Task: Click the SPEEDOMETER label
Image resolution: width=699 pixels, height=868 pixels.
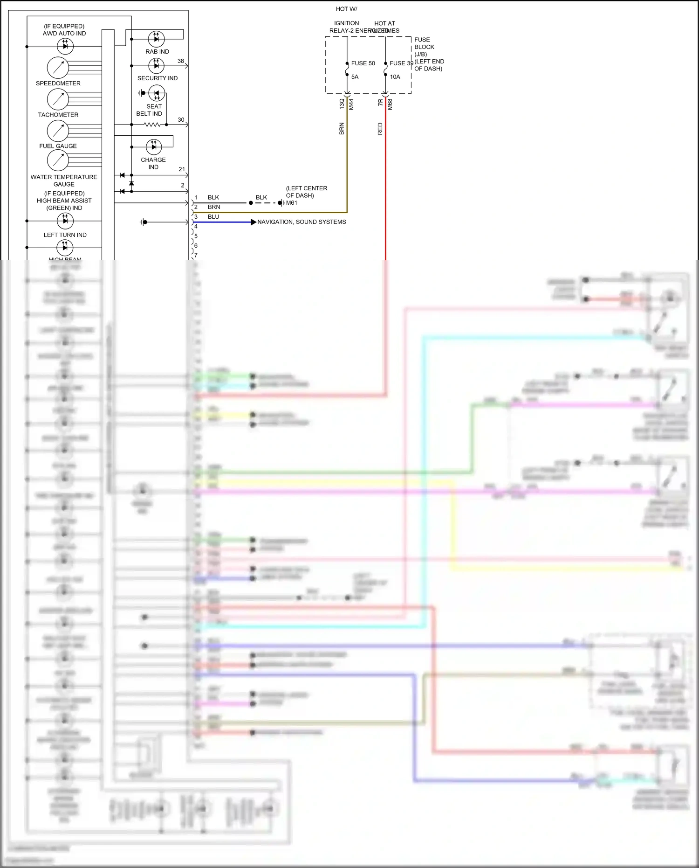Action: point(58,83)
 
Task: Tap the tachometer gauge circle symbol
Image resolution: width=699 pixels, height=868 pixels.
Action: point(58,99)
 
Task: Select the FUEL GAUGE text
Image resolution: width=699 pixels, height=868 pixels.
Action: point(58,146)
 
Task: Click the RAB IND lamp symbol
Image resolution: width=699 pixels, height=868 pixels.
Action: point(156,39)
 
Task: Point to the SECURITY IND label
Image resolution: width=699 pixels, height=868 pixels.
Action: point(157,78)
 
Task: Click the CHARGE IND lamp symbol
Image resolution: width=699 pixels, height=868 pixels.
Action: point(154,147)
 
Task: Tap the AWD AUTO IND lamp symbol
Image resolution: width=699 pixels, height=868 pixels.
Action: point(65,46)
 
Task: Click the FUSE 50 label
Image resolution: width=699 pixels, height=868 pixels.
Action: point(363,63)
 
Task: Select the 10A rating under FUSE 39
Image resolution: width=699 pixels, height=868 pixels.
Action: point(395,77)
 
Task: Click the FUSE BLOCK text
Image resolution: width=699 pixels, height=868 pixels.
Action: point(424,43)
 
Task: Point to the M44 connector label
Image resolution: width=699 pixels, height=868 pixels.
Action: point(351,104)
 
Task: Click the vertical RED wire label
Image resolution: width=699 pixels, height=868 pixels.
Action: point(380,129)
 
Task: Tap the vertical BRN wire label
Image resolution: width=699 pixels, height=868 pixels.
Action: point(342,129)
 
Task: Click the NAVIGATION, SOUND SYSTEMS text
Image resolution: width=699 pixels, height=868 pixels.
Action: point(302,222)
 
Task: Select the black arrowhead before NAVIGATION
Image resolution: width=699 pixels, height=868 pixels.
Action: point(254,222)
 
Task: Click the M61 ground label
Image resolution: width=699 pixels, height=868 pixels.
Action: point(292,203)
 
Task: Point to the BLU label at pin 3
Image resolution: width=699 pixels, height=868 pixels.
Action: point(213,217)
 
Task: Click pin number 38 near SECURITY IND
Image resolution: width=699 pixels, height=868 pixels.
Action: point(181,61)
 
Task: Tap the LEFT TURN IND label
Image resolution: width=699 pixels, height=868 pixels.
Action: point(65,235)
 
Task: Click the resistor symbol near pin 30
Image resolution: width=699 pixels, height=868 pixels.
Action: point(152,125)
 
